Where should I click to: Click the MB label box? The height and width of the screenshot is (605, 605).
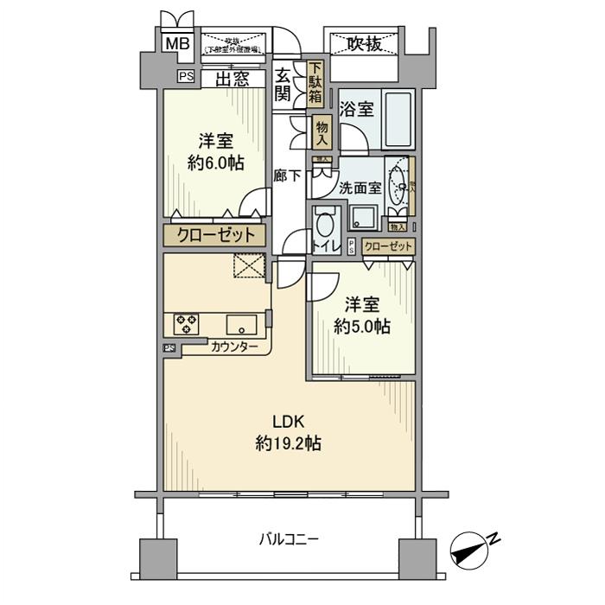[177, 43]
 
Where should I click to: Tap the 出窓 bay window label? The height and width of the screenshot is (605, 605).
[232, 80]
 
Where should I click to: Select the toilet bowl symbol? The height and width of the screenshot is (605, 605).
[326, 226]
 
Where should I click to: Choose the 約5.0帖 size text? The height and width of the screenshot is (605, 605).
[361, 327]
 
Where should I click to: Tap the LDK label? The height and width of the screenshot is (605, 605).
[289, 422]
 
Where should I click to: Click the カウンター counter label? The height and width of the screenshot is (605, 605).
[234, 347]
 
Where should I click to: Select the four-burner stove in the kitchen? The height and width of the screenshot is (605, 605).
[186, 324]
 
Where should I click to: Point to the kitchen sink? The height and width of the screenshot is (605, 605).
[241, 325]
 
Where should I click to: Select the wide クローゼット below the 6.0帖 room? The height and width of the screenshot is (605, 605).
[216, 235]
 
